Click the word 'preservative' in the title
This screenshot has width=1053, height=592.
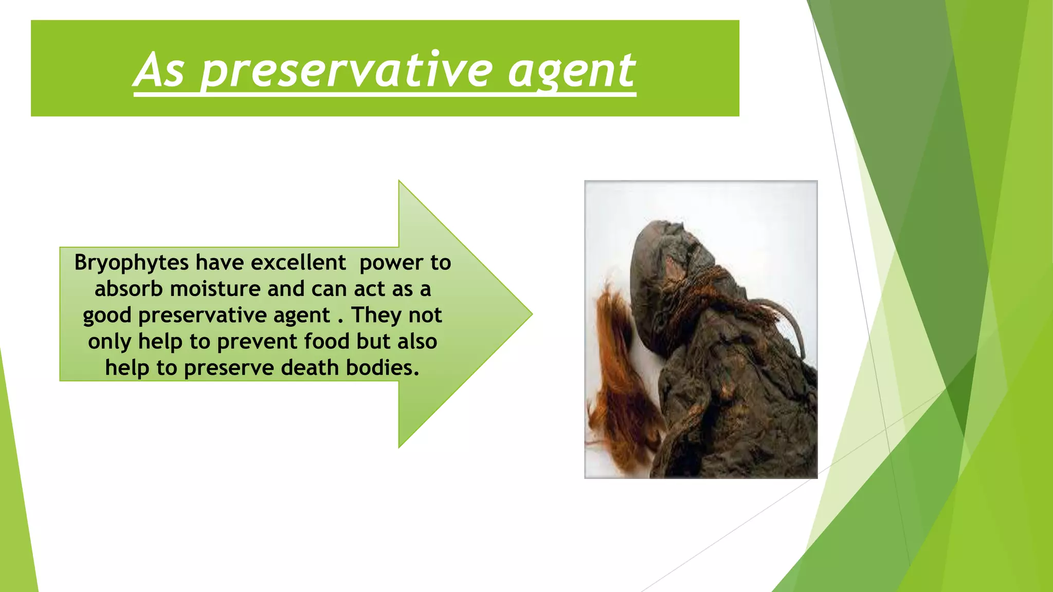pos(347,71)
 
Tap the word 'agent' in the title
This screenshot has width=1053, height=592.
pos(571,71)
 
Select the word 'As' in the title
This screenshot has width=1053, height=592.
pos(159,71)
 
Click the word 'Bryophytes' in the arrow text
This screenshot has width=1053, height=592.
pos(132,263)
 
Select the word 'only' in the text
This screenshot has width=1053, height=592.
pos(109,342)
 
